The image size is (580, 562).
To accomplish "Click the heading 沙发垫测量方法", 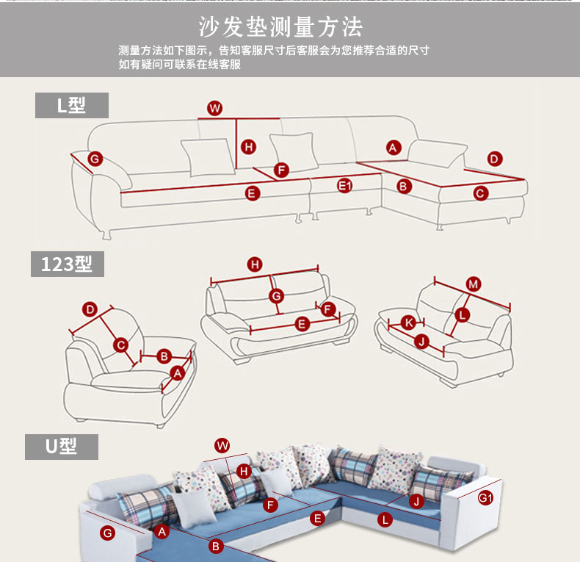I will click(x=281, y=28).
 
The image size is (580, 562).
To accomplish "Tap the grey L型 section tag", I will click(x=72, y=105).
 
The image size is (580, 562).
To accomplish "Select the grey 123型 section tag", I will click(x=67, y=264).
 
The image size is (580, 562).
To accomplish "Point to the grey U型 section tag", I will click(x=62, y=447).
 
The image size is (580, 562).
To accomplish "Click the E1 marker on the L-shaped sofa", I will click(x=345, y=187).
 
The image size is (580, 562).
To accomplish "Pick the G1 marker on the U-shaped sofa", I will click(x=486, y=498).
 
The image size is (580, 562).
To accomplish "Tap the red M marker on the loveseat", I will click(x=474, y=284).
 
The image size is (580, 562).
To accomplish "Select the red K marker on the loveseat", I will click(x=409, y=323).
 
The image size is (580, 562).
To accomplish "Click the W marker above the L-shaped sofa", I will click(x=214, y=109).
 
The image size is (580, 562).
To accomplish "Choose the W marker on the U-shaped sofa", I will click(x=222, y=445).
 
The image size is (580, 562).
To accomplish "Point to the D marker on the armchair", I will click(x=90, y=309).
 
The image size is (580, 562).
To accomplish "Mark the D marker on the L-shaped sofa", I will click(x=494, y=159).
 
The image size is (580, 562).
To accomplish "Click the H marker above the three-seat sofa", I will click(x=255, y=265).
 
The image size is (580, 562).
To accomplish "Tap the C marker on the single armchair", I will click(x=122, y=345).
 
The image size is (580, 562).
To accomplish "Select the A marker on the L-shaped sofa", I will click(x=394, y=147).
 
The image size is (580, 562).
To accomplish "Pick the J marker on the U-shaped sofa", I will click(x=416, y=502).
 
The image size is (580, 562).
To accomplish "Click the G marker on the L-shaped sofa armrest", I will click(x=95, y=159).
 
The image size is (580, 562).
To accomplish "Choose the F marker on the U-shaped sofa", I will click(x=270, y=505).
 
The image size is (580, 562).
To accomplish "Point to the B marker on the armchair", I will click(x=164, y=356).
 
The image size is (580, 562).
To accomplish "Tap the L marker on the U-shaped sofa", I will click(x=385, y=520).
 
